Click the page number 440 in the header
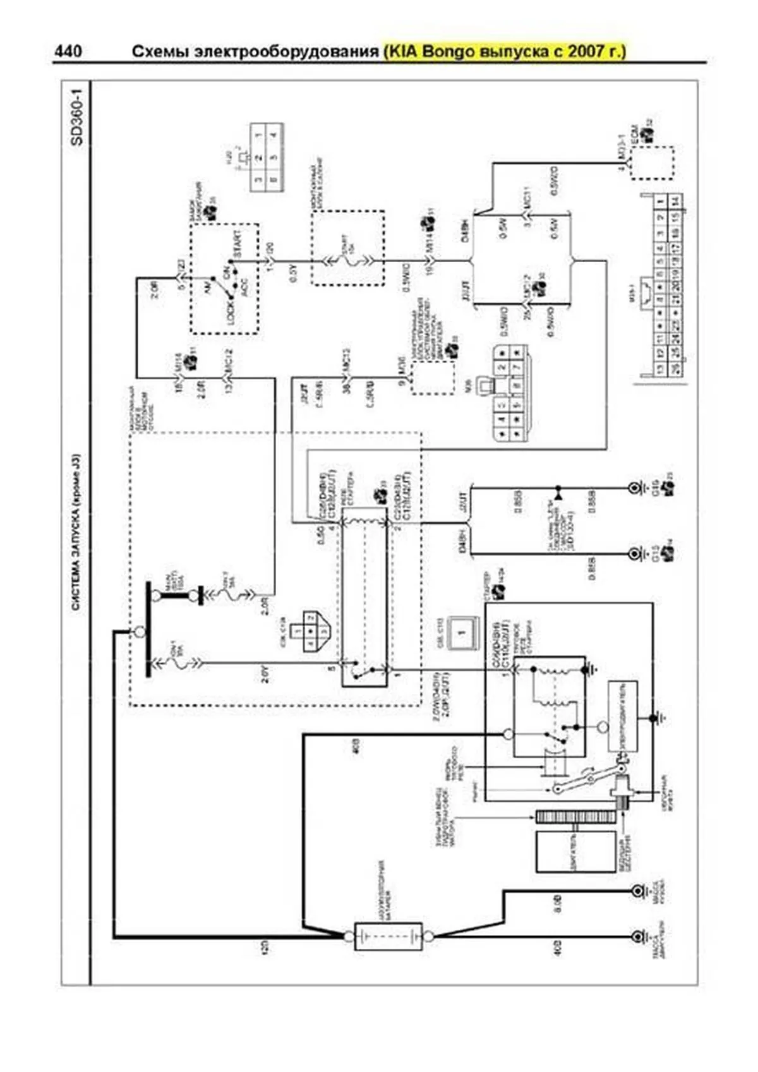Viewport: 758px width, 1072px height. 68,51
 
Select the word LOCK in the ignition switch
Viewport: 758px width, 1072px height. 231,311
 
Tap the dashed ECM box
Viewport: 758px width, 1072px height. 651,163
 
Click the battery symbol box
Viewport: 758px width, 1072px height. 387,936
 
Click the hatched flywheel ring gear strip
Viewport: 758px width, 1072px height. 575,816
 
